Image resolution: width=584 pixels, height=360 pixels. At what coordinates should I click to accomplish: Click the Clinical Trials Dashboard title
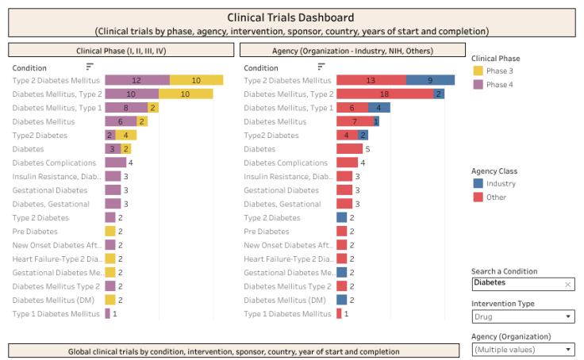(290, 17)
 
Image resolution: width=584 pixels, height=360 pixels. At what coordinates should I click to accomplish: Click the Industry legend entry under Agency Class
(500, 184)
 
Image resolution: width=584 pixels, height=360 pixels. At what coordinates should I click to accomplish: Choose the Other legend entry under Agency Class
(496, 197)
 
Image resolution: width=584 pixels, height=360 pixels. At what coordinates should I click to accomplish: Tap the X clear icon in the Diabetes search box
(567, 284)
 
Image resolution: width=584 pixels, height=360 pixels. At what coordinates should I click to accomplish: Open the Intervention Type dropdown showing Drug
(523, 317)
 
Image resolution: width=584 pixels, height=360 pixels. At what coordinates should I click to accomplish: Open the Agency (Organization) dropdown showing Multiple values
(523, 350)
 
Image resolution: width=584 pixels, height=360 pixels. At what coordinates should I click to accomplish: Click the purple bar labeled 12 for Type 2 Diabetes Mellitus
(137, 80)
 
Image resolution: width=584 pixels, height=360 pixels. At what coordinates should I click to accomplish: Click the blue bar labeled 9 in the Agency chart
(430, 80)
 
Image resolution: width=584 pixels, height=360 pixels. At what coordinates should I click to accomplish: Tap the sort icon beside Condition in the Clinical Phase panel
(90, 67)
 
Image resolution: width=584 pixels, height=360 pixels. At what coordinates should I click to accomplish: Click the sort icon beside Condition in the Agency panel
(321, 67)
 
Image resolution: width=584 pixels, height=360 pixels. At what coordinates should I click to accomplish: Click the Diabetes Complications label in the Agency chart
(286, 163)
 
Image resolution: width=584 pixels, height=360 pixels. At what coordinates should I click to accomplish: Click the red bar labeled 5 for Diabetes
(349, 149)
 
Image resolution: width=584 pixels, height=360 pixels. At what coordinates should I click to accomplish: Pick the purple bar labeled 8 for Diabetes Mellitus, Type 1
(126, 108)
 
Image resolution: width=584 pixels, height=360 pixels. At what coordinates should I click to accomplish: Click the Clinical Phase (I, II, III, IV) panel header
(121, 50)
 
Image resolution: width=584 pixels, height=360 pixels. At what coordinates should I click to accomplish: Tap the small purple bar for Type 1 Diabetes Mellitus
(108, 314)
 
